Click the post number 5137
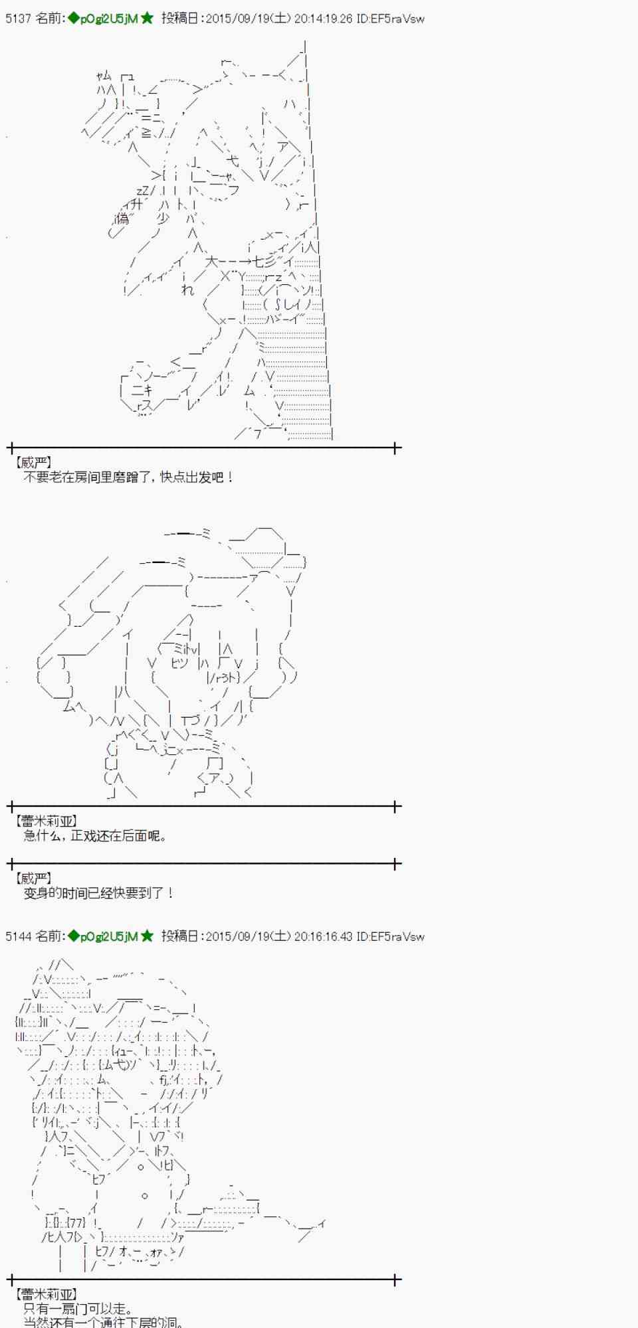pyautogui.click(x=18, y=19)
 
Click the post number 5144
pyautogui.click(x=18, y=936)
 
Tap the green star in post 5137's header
pyautogui.click(x=147, y=19)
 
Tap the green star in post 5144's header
pyautogui.click(x=147, y=936)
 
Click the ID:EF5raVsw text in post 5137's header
pyautogui.click(x=390, y=19)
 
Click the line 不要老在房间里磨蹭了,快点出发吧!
pyautogui.click(x=128, y=477)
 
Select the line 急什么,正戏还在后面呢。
pyautogui.click(x=95, y=836)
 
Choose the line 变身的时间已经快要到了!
pyautogui.click(x=98, y=893)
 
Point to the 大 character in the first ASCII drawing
pyautogui.click(x=211, y=262)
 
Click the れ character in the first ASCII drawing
pyautogui.click(x=187, y=290)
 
